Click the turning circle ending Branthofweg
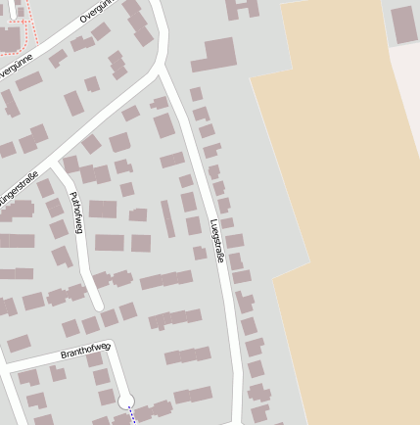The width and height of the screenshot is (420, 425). [125, 401]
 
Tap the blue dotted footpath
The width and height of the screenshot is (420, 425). [132, 416]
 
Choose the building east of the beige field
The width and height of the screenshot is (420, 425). [404, 24]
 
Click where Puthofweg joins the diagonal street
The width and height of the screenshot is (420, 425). [57, 167]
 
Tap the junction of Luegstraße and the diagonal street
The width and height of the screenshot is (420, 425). [160, 71]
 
